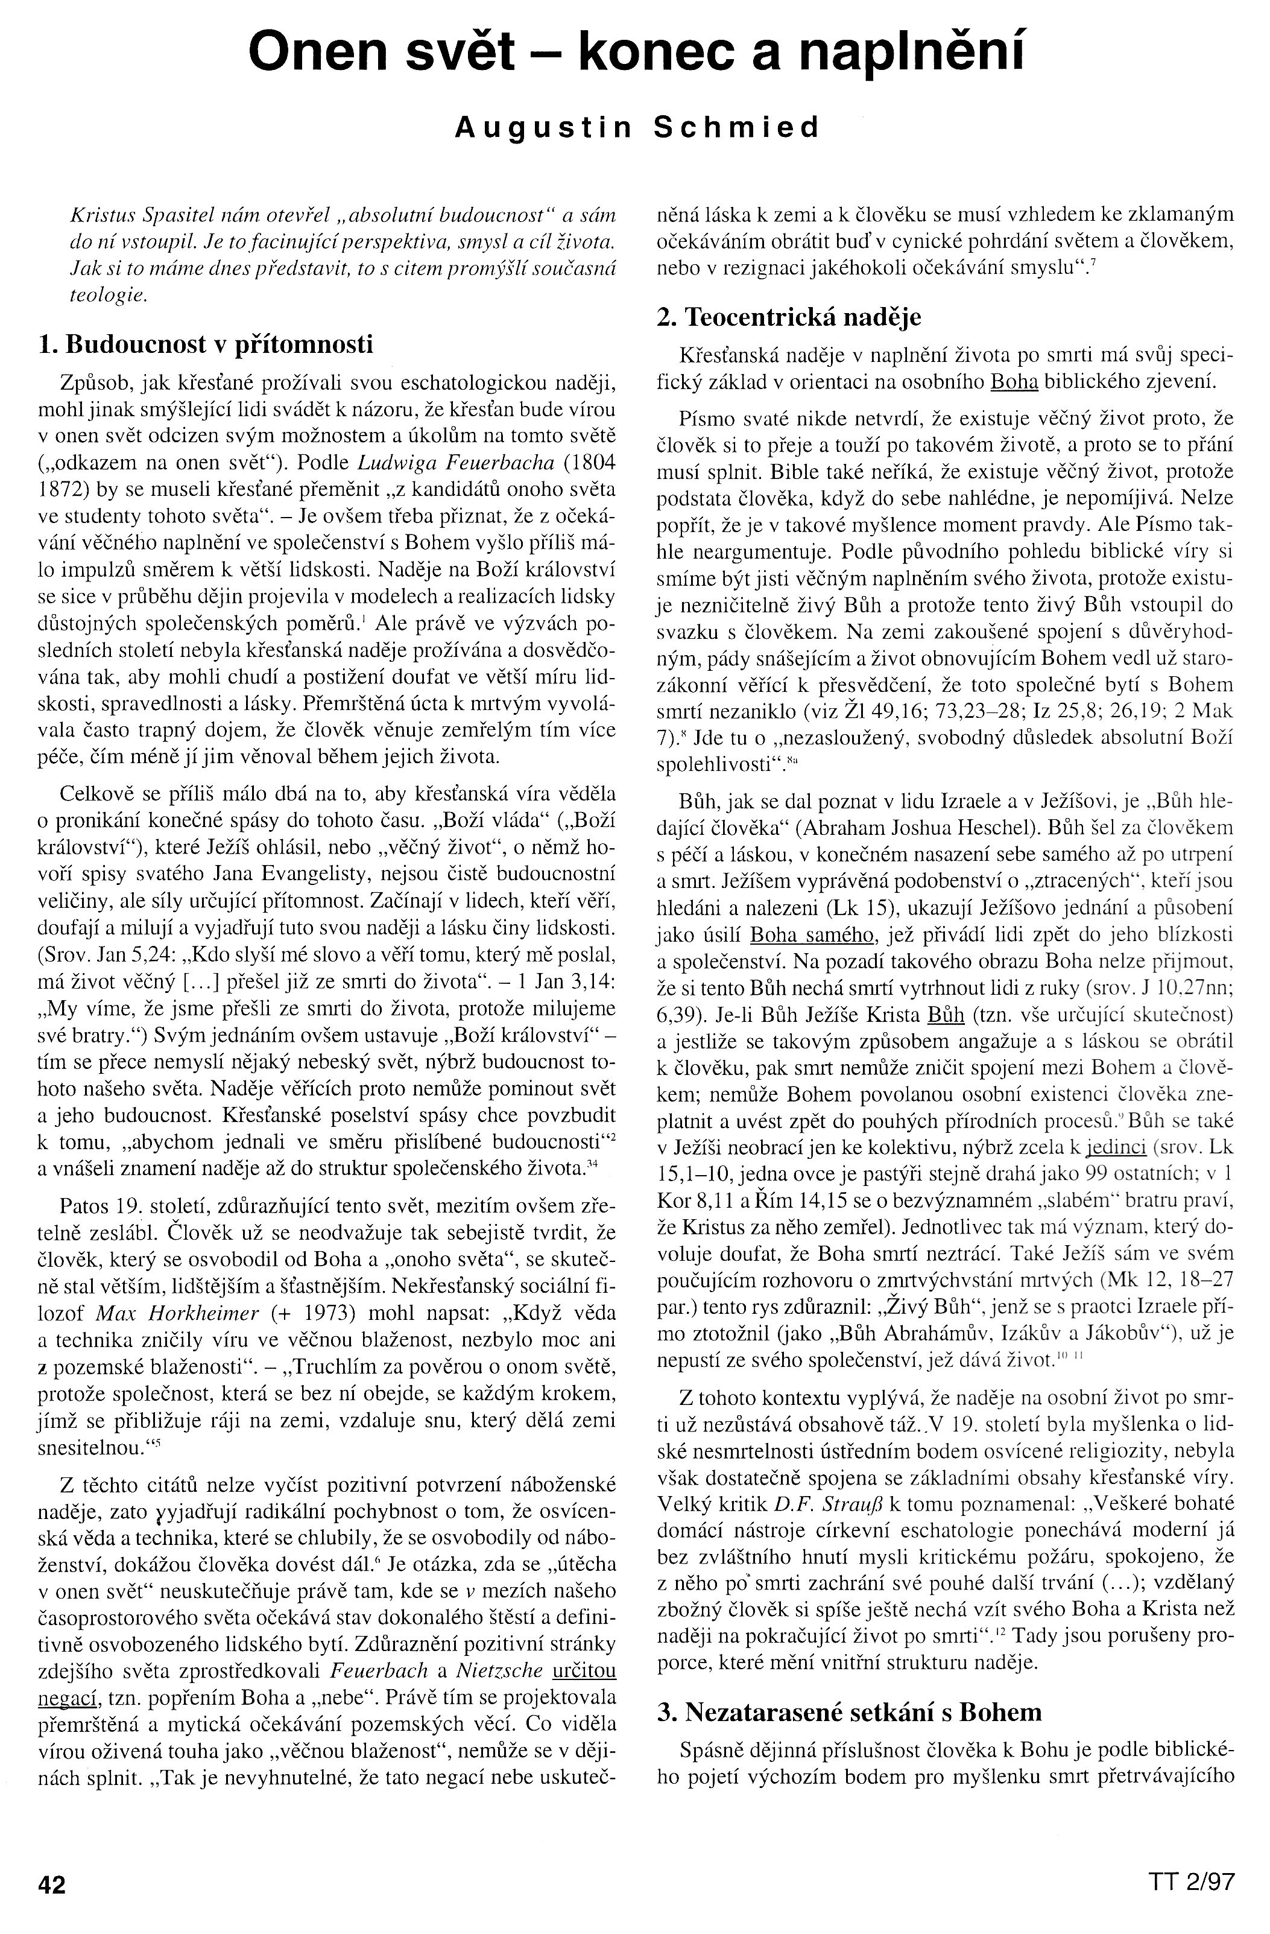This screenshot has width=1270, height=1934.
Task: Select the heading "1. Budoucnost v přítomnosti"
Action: click(206, 344)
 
